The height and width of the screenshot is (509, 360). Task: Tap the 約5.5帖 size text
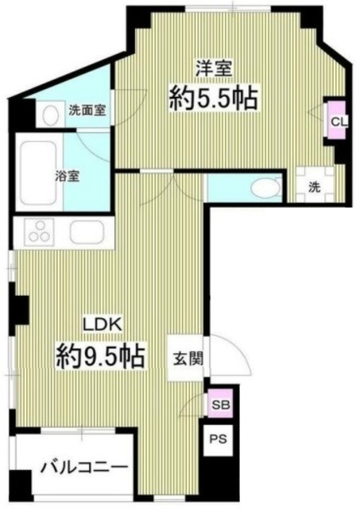pos(212,99)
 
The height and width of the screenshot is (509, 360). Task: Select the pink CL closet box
pos(337,121)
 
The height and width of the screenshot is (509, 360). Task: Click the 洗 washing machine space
pos(314,188)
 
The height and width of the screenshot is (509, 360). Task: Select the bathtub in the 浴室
pos(37,162)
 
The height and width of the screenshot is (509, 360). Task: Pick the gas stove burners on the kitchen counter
pos(38,232)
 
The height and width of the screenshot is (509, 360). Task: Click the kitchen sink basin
pos(83,232)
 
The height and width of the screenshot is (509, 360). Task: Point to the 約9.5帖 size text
pos(101,355)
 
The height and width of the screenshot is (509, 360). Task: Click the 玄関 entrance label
pos(188,358)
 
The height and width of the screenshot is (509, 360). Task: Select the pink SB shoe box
pos(219,404)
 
